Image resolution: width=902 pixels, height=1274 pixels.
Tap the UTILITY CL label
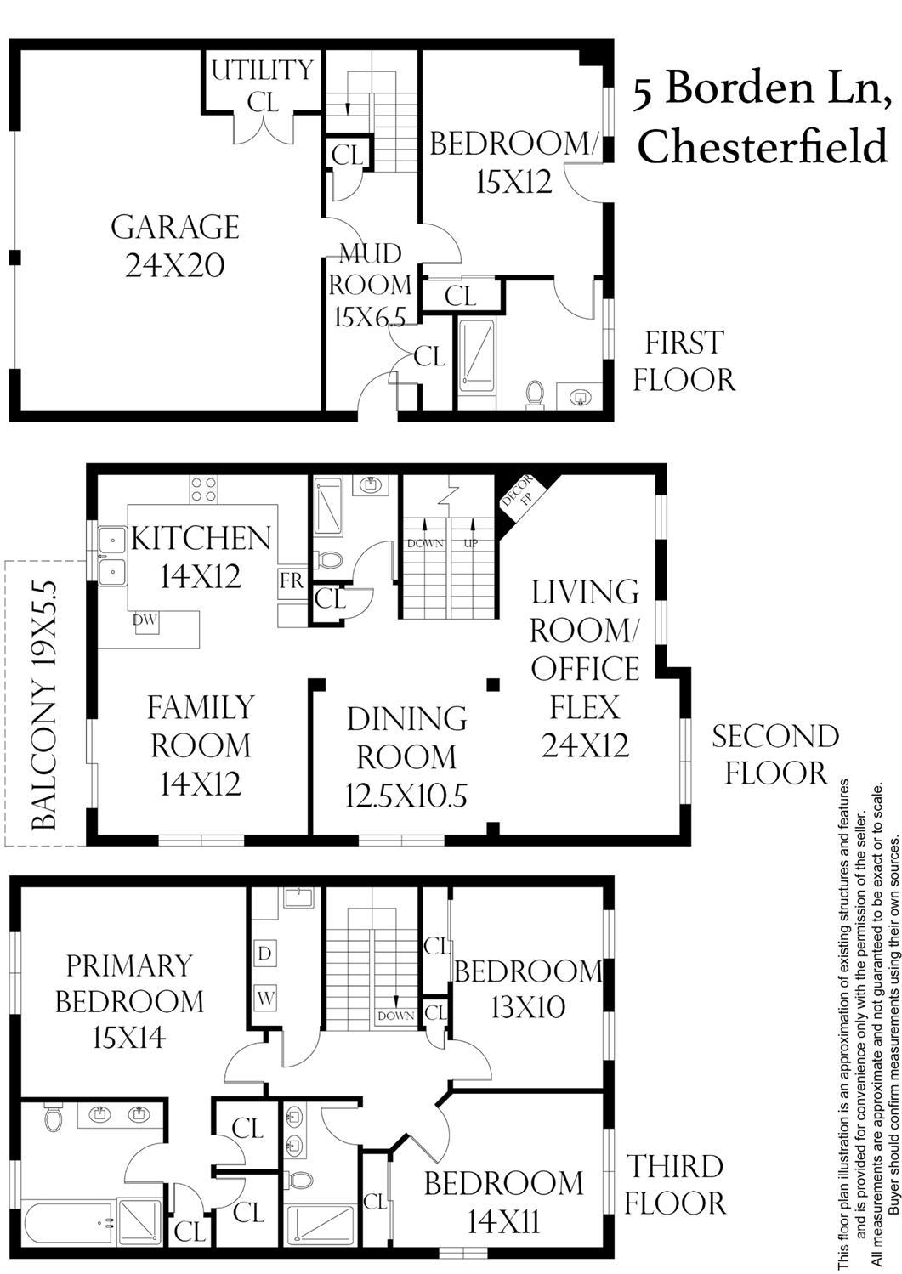point(263,86)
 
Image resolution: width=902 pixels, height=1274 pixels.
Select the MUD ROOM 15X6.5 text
point(370,286)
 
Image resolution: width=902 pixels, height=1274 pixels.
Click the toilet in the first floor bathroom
point(535,393)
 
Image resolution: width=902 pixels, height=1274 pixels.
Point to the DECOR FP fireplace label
point(517,492)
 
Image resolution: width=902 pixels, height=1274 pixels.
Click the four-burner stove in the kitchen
point(203,490)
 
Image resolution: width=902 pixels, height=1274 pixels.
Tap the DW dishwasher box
point(145,620)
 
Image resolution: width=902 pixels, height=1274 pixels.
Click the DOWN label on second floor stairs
point(425,544)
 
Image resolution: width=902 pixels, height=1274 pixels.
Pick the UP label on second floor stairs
point(471,544)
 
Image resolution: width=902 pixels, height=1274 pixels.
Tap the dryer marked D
point(264,953)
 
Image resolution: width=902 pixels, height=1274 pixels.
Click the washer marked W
point(265,998)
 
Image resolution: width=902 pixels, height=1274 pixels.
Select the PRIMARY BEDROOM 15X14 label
point(129,1001)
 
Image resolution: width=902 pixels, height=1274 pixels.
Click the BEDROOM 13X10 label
point(528,989)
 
